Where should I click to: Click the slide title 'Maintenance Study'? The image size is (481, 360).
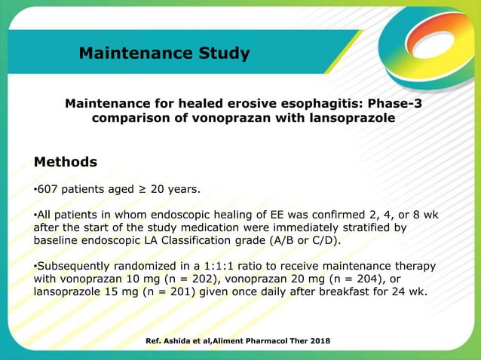click(x=164, y=53)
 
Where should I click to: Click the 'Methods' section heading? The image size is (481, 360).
click(x=66, y=162)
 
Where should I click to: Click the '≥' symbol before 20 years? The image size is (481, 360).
click(x=140, y=188)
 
